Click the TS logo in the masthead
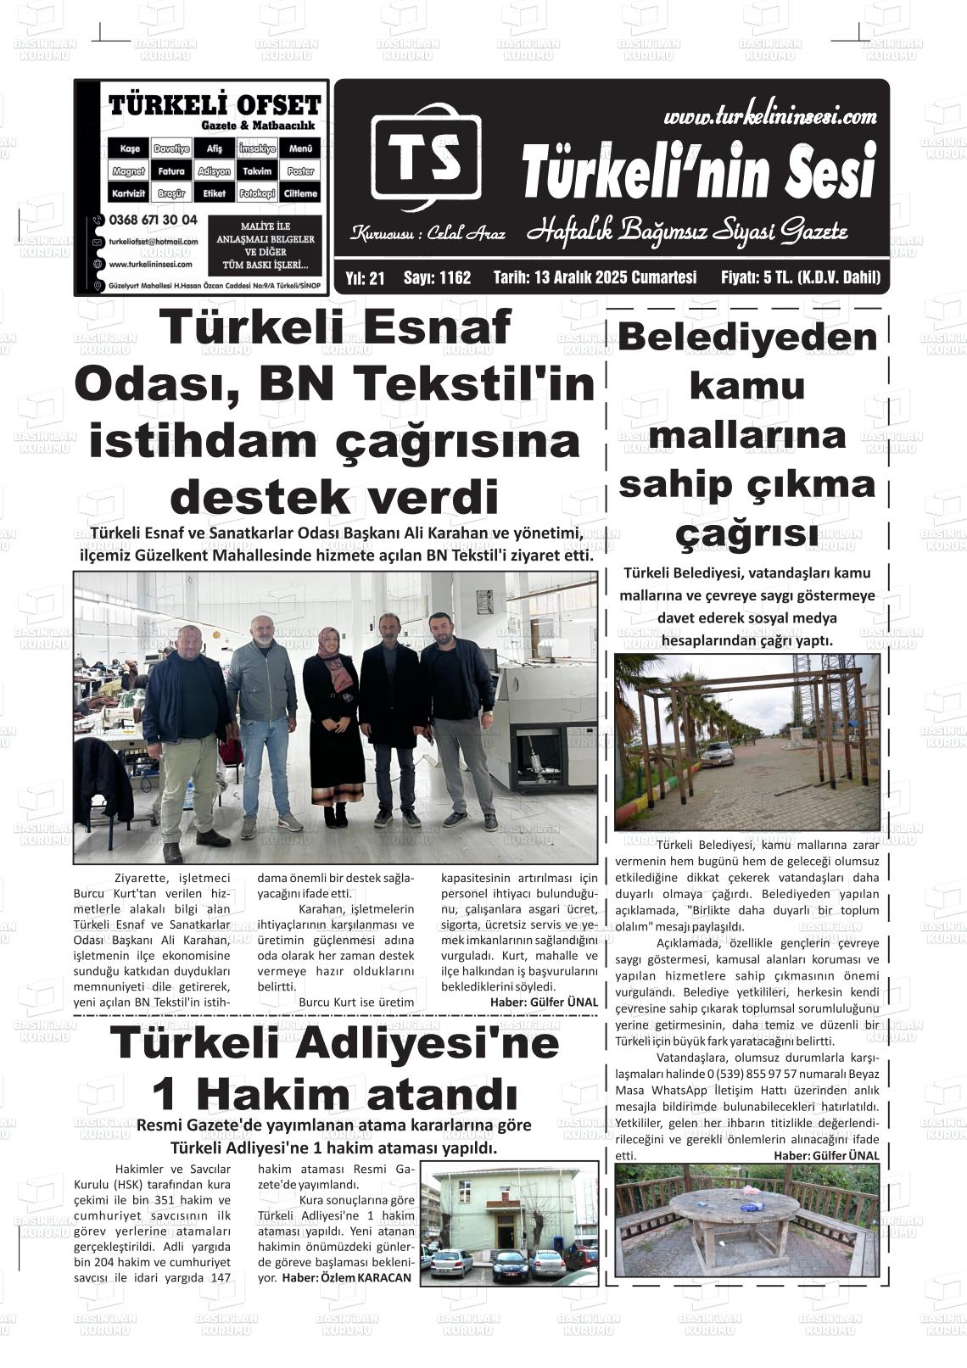pos(426,157)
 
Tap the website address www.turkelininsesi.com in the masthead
pos(769,116)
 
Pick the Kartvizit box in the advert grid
pos(129,193)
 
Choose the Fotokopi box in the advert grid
pos(257,193)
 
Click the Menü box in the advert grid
pos(300,148)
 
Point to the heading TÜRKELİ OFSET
pos(215,106)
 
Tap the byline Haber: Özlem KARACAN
pos(346,1277)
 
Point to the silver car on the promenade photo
pos(717,751)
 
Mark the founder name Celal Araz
pos(466,232)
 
